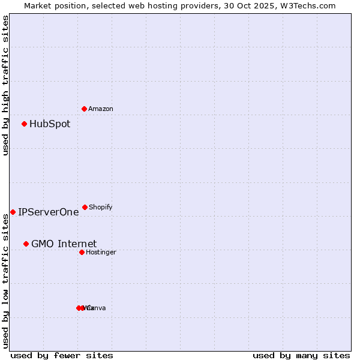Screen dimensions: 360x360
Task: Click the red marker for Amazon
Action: tap(85, 109)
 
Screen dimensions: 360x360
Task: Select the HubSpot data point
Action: tap(25, 124)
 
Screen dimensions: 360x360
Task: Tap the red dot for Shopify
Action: tap(85, 207)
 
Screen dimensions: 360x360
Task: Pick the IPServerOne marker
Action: tap(13, 212)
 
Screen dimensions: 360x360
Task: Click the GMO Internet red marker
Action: tap(26, 244)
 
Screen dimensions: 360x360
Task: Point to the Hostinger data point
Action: tap(82, 252)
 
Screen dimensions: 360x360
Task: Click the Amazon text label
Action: tap(101, 109)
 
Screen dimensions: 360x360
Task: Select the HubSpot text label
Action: tap(50, 124)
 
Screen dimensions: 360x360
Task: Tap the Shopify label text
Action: tap(101, 207)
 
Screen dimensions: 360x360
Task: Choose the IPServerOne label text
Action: tap(49, 212)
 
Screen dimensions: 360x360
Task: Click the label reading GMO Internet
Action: tap(64, 244)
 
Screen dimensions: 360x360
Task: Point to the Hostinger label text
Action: tap(101, 252)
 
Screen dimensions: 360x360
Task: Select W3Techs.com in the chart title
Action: tap(309, 5)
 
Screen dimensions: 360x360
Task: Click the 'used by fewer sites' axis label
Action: tap(62, 355)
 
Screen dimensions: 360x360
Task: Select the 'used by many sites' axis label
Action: tap(301, 355)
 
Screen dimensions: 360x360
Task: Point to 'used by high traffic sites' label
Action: tap(5, 85)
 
